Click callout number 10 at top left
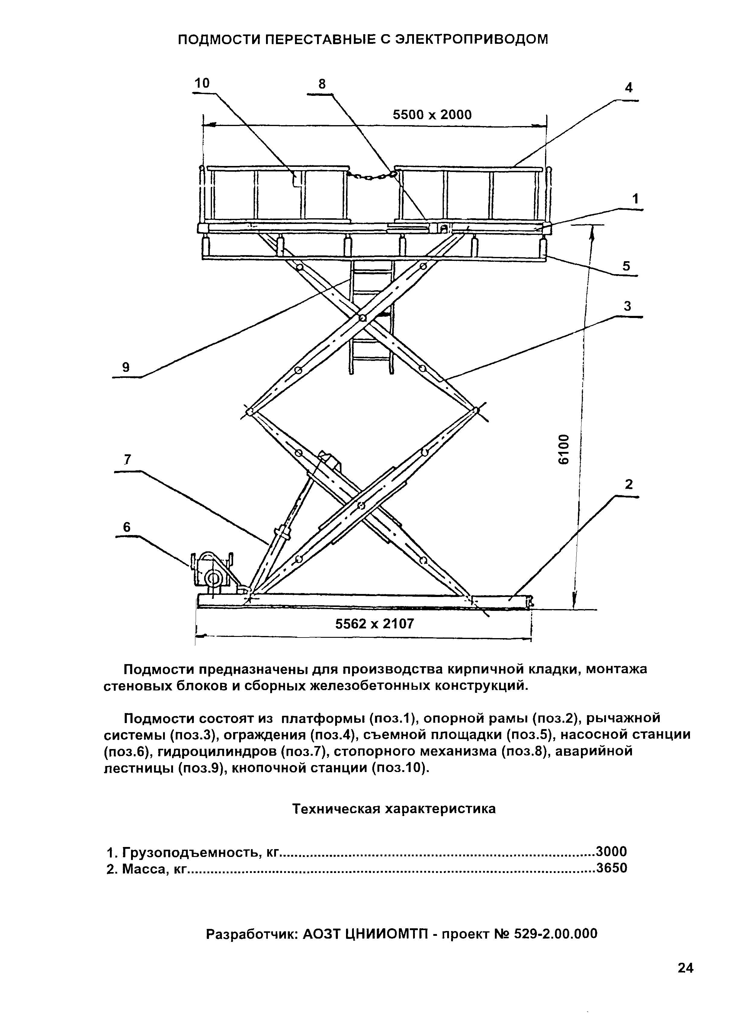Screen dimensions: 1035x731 point(202,83)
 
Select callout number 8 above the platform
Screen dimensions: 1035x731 point(322,84)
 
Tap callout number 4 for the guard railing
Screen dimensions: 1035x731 point(629,87)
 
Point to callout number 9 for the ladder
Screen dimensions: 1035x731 point(126,367)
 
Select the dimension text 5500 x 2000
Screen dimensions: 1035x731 point(432,115)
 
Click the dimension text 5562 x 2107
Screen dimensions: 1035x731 point(374,624)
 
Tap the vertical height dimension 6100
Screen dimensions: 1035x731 point(563,449)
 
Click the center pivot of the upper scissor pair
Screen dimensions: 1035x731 point(362,318)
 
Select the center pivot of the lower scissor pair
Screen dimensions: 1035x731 point(360,506)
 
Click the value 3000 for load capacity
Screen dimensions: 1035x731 point(612,851)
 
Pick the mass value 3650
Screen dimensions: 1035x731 point(612,868)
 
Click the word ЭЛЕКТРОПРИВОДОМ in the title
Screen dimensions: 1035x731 point(472,40)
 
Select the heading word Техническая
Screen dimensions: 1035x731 point(335,809)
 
